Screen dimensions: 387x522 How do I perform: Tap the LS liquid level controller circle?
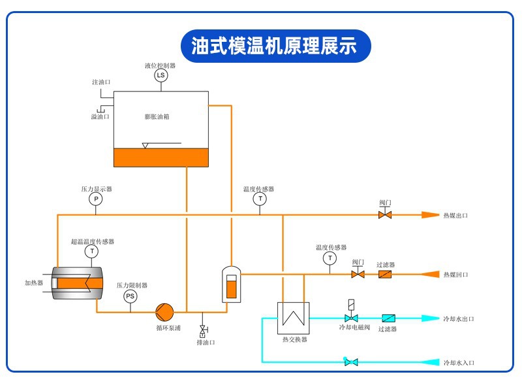tap(161, 76)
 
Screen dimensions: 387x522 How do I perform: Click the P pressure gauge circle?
tap(95, 198)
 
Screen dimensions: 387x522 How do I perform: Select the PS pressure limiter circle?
tap(130, 296)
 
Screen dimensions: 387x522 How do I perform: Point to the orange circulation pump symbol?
tap(162, 311)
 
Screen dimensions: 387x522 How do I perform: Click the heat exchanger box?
tap(293, 318)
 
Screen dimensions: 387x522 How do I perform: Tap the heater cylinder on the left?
tap(76, 282)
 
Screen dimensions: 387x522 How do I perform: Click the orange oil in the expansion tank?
tap(161, 157)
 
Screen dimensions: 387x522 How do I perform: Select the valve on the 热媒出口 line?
tap(385, 214)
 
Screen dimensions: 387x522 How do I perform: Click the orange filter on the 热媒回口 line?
tap(385, 274)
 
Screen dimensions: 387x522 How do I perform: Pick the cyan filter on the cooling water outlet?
tap(389, 318)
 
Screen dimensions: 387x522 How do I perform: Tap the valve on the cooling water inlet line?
tap(351, 362)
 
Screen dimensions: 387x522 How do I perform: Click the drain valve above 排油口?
tap(203, 328)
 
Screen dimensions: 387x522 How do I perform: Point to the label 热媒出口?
tap(456, 215)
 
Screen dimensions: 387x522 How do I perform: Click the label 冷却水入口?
tap(459, 362)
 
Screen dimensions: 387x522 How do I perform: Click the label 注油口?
tap(101, 82)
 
